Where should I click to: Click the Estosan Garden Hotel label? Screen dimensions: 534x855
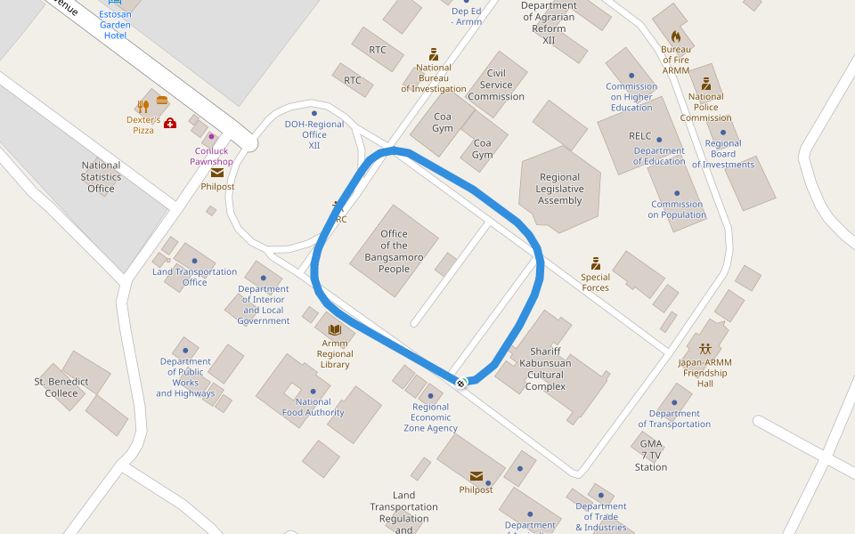[115, 25]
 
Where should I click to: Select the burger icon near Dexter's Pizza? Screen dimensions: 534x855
[162, 101]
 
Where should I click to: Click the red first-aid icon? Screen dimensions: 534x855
[170, 123]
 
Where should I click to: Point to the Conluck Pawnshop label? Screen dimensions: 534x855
[211, 157]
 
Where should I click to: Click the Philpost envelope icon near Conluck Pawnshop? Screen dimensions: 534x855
[217, 173]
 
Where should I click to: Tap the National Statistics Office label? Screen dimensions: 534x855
[101, 176]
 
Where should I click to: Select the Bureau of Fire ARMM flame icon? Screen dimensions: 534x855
[676, 36]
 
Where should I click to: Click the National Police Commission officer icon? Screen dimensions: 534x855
[706, 84]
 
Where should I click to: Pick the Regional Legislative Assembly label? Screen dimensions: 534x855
[559, 189]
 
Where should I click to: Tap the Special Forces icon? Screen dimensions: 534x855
[596, 263]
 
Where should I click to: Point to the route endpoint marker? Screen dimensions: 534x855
[460, 383]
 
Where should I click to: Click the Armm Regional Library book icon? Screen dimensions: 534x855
[335, 329]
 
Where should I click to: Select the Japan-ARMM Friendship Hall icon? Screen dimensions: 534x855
[705, 348]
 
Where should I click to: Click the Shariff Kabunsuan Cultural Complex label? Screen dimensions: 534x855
[545, 368]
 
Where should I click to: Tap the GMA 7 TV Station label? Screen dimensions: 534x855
[651, 455]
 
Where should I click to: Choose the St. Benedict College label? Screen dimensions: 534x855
[61, 387]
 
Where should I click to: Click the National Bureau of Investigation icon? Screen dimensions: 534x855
[434, 54]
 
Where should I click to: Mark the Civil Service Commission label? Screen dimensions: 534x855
[496, 85]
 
